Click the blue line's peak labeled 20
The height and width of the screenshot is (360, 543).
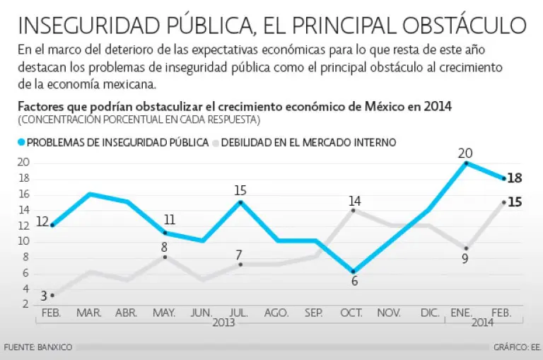click(466, 163)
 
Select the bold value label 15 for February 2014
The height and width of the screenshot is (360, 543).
click(515, 202)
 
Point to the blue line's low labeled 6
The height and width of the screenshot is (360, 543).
click(354, 272)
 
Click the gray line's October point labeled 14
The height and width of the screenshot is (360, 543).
click(354, 210)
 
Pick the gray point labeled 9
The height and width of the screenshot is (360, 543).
click(466, 248)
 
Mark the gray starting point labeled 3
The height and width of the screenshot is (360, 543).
click(52, 295)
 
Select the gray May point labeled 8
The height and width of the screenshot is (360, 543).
click(165, 257)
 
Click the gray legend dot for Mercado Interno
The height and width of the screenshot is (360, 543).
click(215, 141)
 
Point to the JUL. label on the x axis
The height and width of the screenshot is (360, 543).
click(240, 311)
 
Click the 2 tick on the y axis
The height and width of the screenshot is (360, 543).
click(25, 304)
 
